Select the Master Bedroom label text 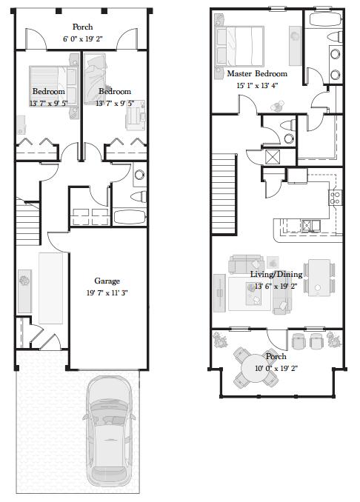click(x=256, y=75)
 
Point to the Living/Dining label click(x=276, y=274)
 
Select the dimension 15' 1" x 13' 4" click(x=256, y=86)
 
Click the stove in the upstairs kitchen click(x=335, y=197)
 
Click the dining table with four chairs click(x=319, y=275)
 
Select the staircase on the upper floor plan click(x=224, y=184)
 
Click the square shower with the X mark click(x=273, y=156)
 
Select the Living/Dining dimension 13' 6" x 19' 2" click(x=276, y=286)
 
